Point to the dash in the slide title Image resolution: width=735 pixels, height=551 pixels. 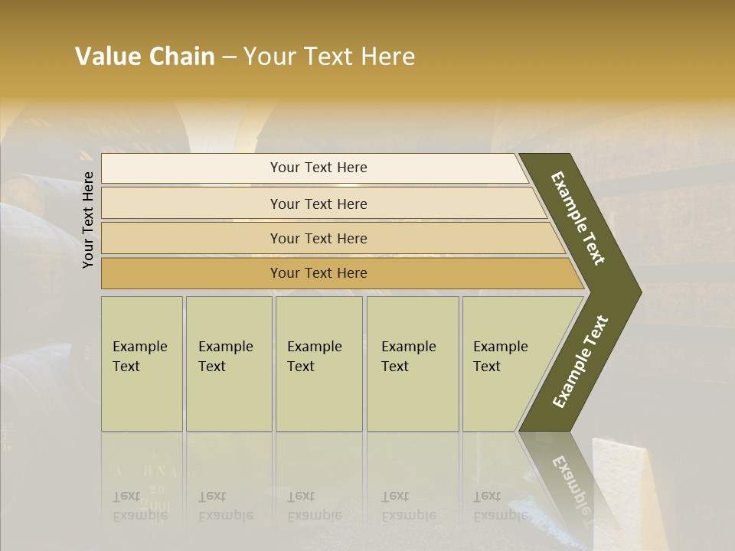tap(229, 57)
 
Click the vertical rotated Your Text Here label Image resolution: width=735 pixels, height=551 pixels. tap(89, 220)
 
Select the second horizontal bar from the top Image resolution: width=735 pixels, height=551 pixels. tap(318, 204)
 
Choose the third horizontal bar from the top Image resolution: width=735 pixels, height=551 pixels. tap(318, 238)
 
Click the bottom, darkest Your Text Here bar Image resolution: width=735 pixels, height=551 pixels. tap(318, 273)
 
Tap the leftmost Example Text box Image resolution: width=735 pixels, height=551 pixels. tap(142, 364)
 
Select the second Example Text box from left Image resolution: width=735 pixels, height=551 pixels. tap(228, 364)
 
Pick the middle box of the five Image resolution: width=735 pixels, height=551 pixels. tap(318, 364)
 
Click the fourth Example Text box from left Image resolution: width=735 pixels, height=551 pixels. tap(412, 364)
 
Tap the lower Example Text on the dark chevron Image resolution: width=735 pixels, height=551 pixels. tap(580, 362)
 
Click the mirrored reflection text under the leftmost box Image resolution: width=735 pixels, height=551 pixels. tap(139, 506)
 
